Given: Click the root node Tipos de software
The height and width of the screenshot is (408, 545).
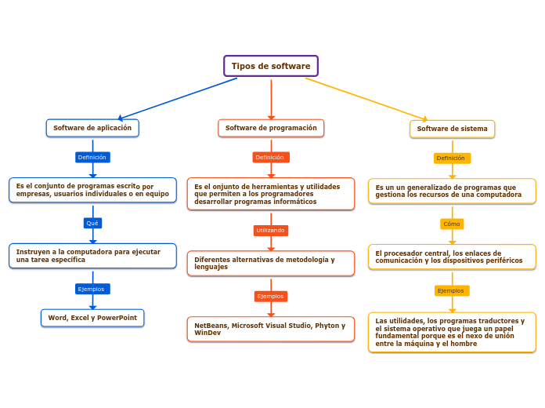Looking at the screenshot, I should point(271,66).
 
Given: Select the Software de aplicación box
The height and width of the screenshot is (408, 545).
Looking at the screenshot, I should point(92,128).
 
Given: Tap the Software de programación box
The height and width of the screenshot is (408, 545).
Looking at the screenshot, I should point(271,128).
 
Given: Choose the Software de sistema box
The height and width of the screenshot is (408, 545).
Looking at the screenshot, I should point(452,129).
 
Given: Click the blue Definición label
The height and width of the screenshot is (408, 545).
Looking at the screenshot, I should point(92,157).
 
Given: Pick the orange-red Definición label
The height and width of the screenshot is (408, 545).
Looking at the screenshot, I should point(271,157).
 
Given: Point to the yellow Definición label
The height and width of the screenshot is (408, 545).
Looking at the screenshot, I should point(452,158).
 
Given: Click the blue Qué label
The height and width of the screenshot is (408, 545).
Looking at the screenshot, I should point(92,223).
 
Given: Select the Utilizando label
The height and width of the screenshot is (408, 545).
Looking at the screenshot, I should point(271,231).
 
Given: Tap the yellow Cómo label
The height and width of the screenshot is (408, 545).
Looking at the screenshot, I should point(452,224).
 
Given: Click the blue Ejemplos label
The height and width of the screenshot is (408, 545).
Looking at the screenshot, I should point(92,289).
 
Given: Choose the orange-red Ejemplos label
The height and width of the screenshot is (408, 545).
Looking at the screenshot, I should point(271,296).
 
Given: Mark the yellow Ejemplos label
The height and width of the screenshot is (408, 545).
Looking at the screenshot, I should point(452,290).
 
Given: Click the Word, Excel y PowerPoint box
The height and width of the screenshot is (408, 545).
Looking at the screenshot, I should point(92,318).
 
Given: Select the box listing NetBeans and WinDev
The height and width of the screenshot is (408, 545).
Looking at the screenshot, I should point(271,329).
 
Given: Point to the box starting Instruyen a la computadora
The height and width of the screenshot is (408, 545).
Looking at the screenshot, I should point(92,256).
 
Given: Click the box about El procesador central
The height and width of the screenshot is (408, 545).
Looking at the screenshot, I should point(452,257).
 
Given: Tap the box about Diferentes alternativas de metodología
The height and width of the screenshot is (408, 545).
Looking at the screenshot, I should point(271,263).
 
